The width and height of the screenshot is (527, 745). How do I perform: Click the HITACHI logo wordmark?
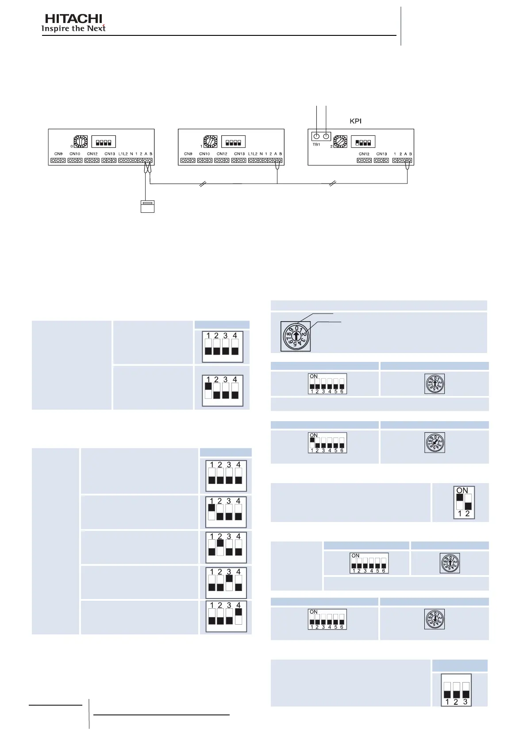pos(73,19)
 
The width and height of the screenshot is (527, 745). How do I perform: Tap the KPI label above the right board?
pos(356,121)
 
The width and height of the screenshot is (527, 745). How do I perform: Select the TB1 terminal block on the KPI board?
pos(321,136)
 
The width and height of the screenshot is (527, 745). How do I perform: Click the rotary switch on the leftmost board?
pos(81,142)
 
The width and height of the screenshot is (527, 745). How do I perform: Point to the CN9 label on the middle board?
pos(188,154)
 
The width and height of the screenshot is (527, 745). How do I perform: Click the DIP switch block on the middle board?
pos(233,142)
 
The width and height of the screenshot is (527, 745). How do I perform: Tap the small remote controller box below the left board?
pos(147,207)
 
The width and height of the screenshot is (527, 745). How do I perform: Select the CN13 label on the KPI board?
pos(381,154)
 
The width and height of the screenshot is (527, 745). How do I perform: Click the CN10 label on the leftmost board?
pos(75,154)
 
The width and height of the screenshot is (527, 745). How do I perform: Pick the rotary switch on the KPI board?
pos(340,142)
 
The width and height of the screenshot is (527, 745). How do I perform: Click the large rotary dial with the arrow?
pos(296,336)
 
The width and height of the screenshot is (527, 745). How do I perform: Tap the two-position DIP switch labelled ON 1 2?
pos(464,502)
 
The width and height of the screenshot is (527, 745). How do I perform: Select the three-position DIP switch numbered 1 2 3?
pos(456,690)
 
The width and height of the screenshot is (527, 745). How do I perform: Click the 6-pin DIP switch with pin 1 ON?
pos(327,443)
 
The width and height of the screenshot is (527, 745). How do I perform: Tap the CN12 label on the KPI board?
pos(364,154)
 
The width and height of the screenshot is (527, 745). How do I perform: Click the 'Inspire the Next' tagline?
pos(73,29)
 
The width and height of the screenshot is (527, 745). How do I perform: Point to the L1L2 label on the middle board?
pos(253,154)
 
